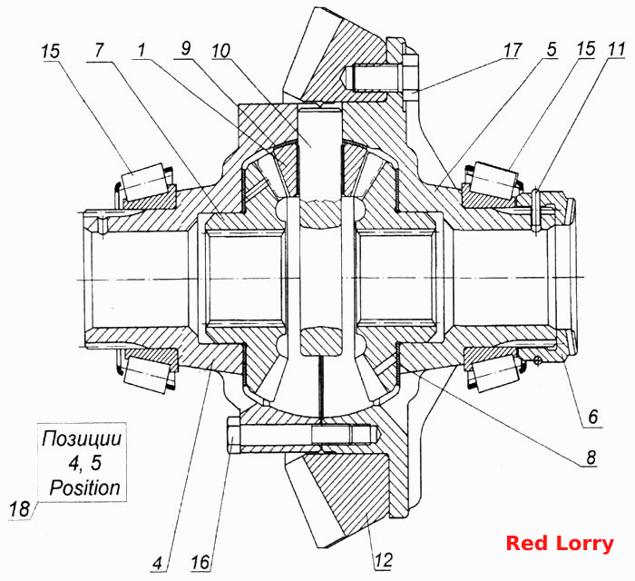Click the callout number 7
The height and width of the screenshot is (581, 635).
coord(99,51)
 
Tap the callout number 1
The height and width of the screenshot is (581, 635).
coord(141,50)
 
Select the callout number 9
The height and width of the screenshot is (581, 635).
coord(185,49)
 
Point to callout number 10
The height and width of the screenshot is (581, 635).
coord(220,51)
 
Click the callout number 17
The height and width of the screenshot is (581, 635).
coord(512,51)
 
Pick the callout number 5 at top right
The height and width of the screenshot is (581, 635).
coord(552,49)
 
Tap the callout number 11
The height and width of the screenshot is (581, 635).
coord(616,49)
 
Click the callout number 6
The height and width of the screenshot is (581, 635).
coord(593,417)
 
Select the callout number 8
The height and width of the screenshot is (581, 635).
coord(591,458)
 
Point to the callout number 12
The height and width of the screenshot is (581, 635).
coord(383,560)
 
